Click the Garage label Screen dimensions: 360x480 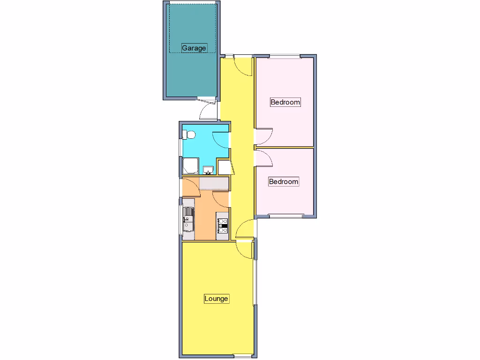[194, 48]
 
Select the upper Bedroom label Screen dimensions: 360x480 [285, 102]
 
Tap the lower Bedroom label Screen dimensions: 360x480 [283, 181]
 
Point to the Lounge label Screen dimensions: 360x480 [216, 299]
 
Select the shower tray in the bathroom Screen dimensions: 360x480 [191, 166]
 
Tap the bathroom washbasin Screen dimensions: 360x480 [208, 170]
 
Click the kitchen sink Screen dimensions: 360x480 [188, 219]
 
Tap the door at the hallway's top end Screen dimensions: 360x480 [243, 66]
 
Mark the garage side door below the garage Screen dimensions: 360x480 [206, 111]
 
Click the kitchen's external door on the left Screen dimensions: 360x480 [190, 187]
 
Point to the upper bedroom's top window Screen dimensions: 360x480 [285, 57]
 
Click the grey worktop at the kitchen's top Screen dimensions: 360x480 [214, 183]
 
